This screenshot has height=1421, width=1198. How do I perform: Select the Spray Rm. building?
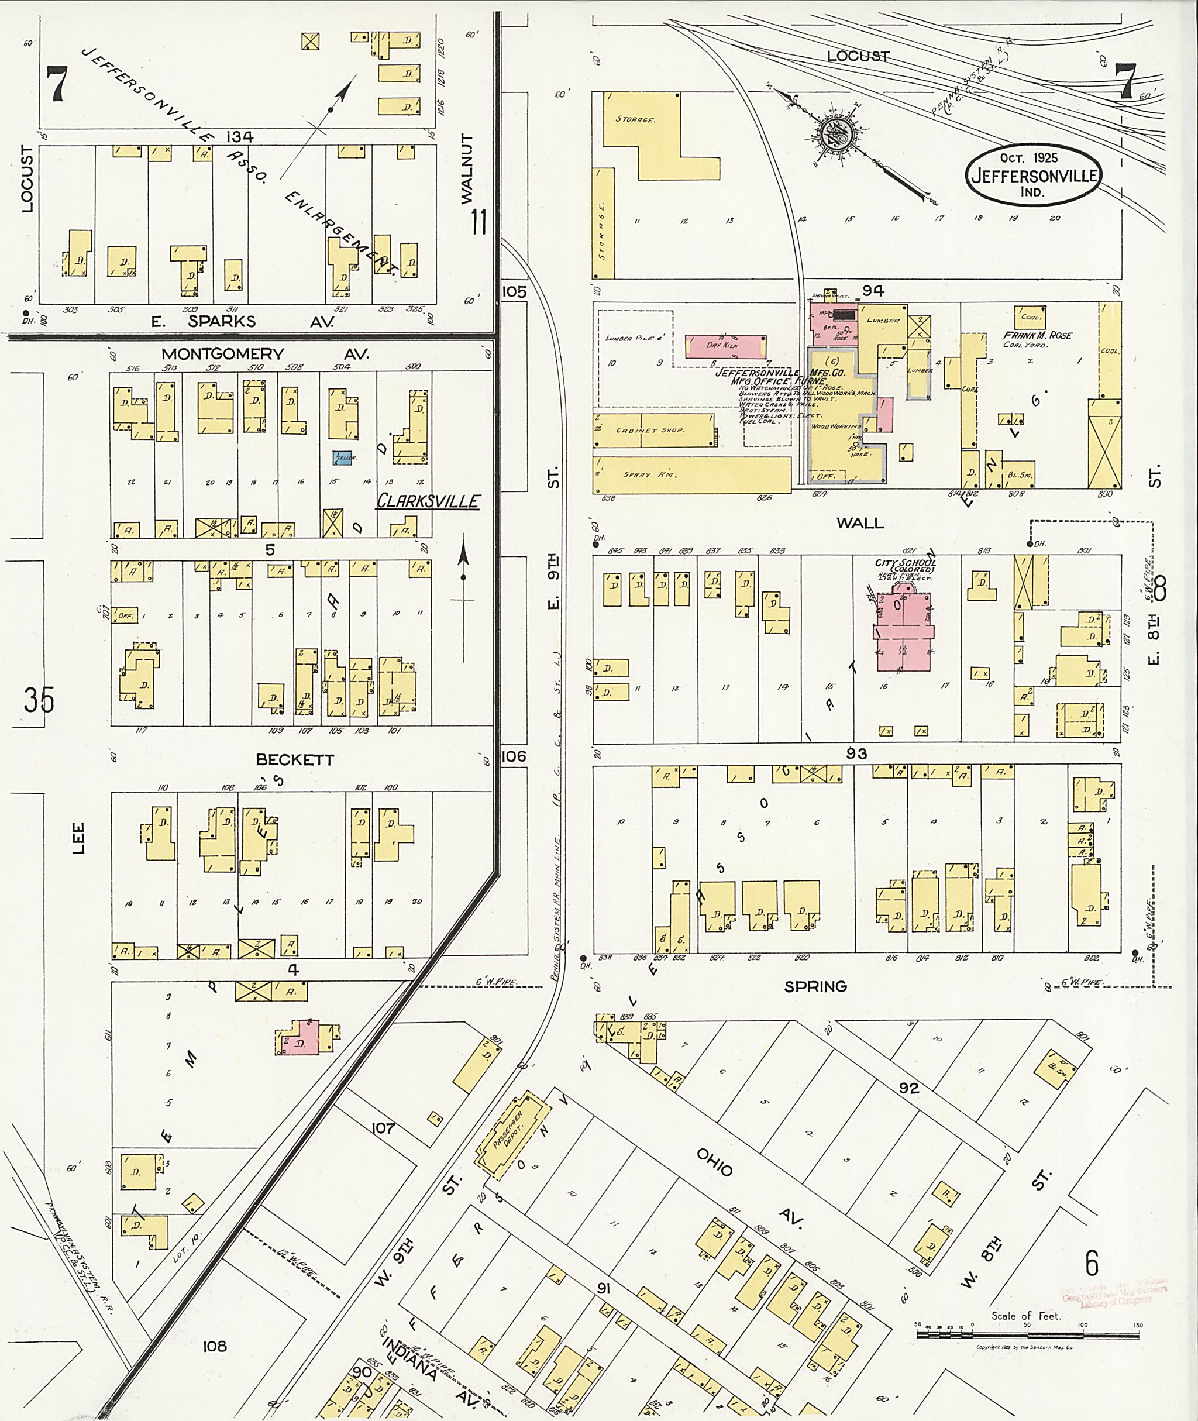pyautogui.click(x=692, y=474)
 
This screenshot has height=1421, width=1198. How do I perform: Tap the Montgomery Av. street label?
pyautogui.click(x=265, y=354)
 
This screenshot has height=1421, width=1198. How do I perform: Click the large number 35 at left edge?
pyautogui.click(x=39, y=700)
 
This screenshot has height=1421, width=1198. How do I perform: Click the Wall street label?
pyautogui.click(x=860, y=523)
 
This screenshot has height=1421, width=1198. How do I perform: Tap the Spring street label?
pyautogui.click(x=815, y=986)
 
